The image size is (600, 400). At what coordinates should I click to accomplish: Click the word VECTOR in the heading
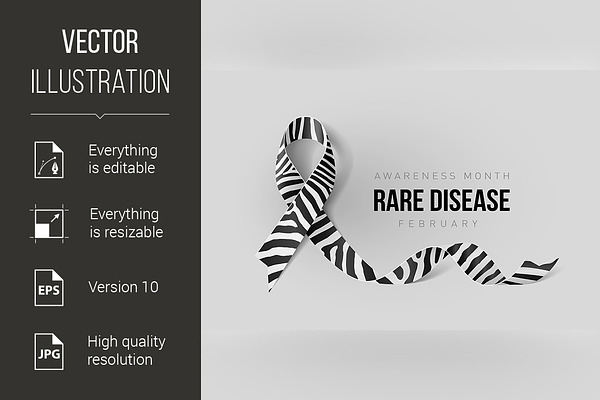coord(100,41)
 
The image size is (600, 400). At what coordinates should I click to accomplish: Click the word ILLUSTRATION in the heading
coord(100,81)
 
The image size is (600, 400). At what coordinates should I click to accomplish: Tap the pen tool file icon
coord(49,160)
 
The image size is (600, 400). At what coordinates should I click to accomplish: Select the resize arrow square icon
coord(49,224)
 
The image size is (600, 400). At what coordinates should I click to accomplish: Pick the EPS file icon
coord(49,287)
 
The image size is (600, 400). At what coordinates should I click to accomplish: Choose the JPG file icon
coord(49,351)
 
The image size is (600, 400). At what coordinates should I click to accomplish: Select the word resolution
coord(120,360)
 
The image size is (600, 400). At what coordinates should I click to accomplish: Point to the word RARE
coord(398,200)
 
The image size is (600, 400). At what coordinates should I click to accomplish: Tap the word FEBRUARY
coord(439,224)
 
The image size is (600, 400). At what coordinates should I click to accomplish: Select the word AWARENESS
coord(415,176)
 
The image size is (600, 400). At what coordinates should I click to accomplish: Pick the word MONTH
coord(487,176)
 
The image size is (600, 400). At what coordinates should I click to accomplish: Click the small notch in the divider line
coord(100,116)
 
